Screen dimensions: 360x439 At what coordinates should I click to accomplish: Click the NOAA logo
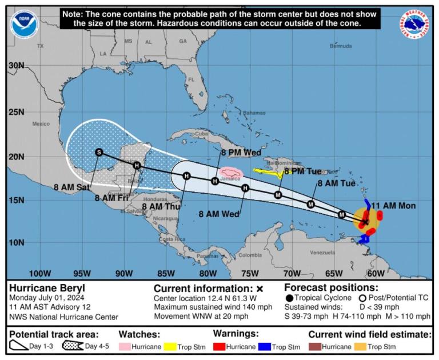coord(23,25)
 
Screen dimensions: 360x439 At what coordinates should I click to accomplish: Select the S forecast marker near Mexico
coord(99,152)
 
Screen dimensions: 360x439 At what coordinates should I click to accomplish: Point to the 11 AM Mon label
coord(393,206)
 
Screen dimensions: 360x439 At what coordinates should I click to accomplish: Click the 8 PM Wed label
coord(241,153)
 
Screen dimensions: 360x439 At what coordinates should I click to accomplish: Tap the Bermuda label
coord(341,46)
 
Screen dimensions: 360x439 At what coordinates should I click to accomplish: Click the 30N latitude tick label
coord(16,66)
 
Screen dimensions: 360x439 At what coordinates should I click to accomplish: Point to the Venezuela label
coord(322,252)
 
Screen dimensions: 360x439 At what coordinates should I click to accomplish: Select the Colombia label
coord(250,255)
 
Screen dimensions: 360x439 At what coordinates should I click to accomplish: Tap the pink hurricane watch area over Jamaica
coord(231,173)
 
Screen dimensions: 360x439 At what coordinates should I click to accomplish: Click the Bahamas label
coord(254,113)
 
